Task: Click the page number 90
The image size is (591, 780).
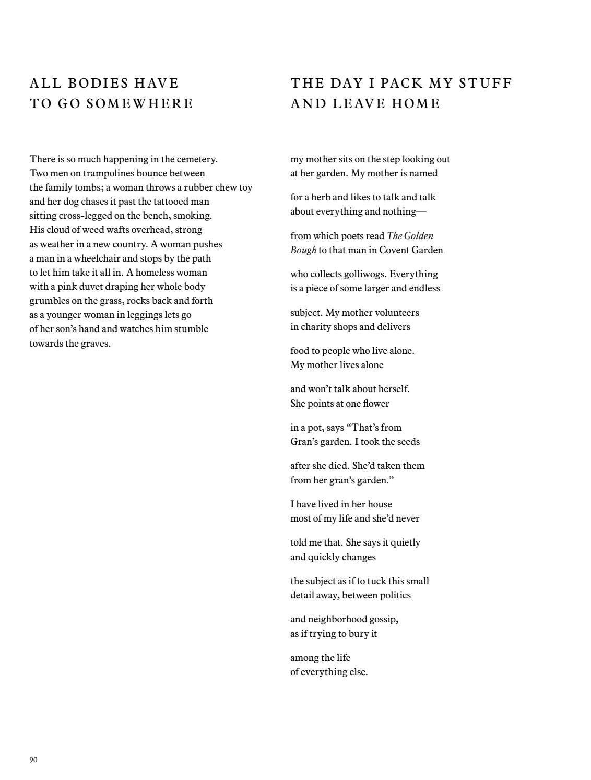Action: pyautogui.click(x=33, y=760)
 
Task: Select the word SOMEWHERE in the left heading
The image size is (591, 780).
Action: pyautogui.click(x=139, y=103)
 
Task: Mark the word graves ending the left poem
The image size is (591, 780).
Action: pyautogui.click(x=94, y=344)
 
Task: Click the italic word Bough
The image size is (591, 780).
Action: pyautogui.click(x=303, y=250)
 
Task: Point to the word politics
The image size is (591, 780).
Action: pyautogui.click(x=391, y=595)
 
